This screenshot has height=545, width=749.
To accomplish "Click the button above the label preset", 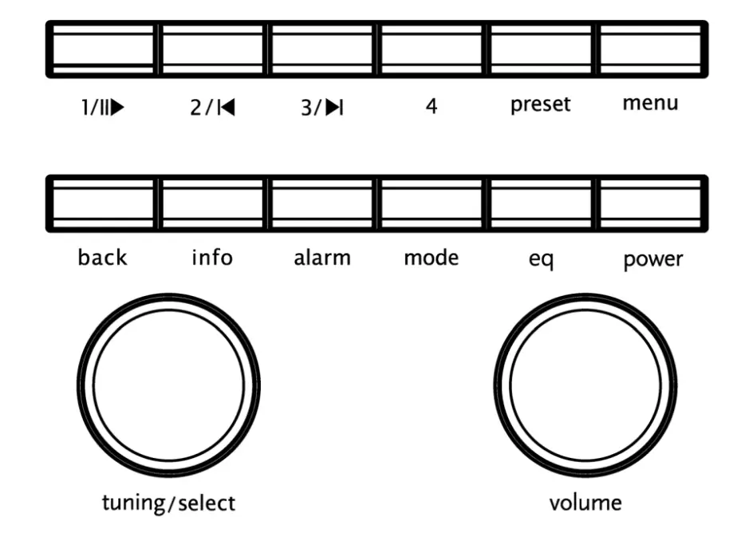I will click(540, 49).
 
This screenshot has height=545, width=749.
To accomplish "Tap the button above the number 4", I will click(431, 49).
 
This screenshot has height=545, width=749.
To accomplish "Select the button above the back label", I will click(102, 203).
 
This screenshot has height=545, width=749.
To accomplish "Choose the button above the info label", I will click(211, 203).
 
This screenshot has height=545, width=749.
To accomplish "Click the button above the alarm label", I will click(321, 203).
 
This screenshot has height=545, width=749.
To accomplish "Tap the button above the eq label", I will click(540, 203).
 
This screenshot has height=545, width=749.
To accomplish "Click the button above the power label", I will click(651, 203).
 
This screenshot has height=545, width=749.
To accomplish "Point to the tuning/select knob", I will click(168, 385).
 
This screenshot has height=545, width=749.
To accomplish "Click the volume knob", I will click(585, 385).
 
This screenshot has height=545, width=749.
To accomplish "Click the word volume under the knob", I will click(585, 503).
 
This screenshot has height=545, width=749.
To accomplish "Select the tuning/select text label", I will click(168, 504).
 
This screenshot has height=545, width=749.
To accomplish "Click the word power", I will click(653, 260).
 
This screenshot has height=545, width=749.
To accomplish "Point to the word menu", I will click(651, 103).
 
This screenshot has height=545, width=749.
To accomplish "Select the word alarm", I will click(321, 258).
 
